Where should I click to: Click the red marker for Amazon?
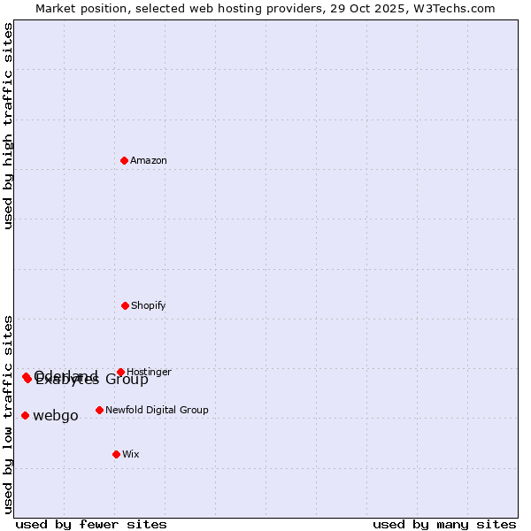pos(124,160)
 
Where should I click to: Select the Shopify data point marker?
pos(125,305)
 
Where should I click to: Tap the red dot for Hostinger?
pos(120,372)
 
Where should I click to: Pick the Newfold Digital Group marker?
pos(99,410)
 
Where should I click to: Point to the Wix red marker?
pos(116,454)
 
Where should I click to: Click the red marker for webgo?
pos(25,415)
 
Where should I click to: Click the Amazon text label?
pos(149,160)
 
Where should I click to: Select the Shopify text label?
pos(149,305)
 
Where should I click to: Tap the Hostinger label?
pos(149,372)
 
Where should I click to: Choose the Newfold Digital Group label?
pos(157,410)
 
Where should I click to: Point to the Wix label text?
pos(131,454)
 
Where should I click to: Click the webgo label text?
pos(56,416)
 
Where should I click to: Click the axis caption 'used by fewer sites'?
pos(91,524)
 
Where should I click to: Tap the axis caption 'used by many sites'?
pos(444,524)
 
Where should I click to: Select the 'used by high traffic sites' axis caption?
pos(8,126)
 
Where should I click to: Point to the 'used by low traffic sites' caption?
pos(8,414)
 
